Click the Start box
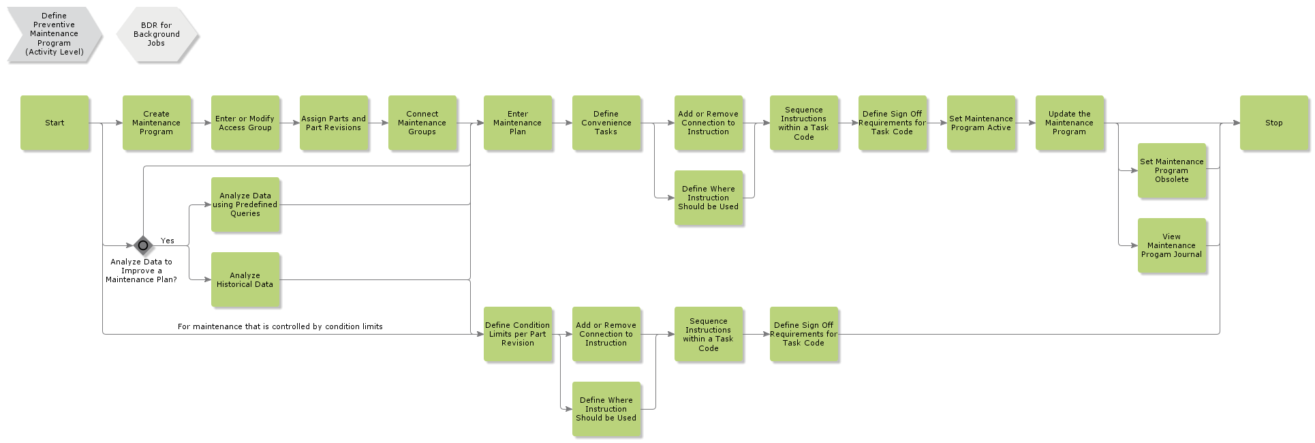click(55, 123)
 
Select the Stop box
click(1273, 123)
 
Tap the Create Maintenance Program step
click(156, 123)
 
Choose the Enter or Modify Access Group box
click(245, 123)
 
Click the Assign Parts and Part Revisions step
click(333, 123)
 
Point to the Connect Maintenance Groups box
click(422, 123)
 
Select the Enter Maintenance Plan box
click(517, 123)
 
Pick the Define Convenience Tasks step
click(606, 123)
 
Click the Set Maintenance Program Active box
click(980, 123)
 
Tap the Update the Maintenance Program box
click(1069, 123)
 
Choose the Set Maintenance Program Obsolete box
click(1171, 170)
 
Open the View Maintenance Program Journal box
click(1171, 245)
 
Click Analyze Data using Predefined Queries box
click(245, 204)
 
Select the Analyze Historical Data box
click(245, 279)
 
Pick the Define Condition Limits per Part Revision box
click(517, 334)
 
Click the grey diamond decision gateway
click(143, 245)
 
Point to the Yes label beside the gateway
click(168, 241)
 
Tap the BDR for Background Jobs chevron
click(157, 34)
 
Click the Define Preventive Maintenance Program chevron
click(55, 34)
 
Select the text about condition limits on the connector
click(280, 326)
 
